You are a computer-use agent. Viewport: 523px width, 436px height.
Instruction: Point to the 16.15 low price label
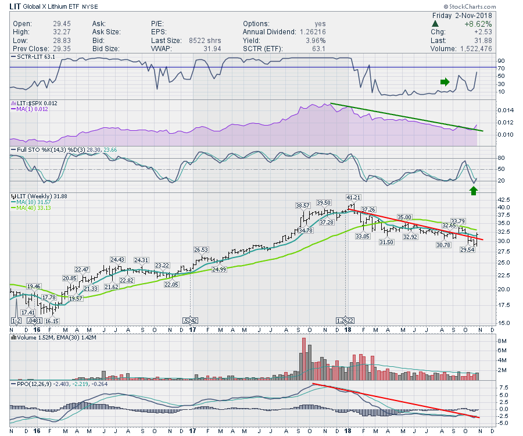(52, 320)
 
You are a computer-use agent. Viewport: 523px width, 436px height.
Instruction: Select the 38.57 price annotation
(303, 206)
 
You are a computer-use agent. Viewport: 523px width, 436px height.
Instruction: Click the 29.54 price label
(467, 250)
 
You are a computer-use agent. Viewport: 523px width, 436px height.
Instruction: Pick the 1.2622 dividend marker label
(345, 320)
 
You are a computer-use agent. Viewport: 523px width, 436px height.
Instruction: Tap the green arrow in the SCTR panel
(445, 82)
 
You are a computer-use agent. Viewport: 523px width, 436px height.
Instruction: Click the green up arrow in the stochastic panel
(474, 191)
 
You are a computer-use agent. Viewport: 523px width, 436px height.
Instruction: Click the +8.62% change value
(478, 24)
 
